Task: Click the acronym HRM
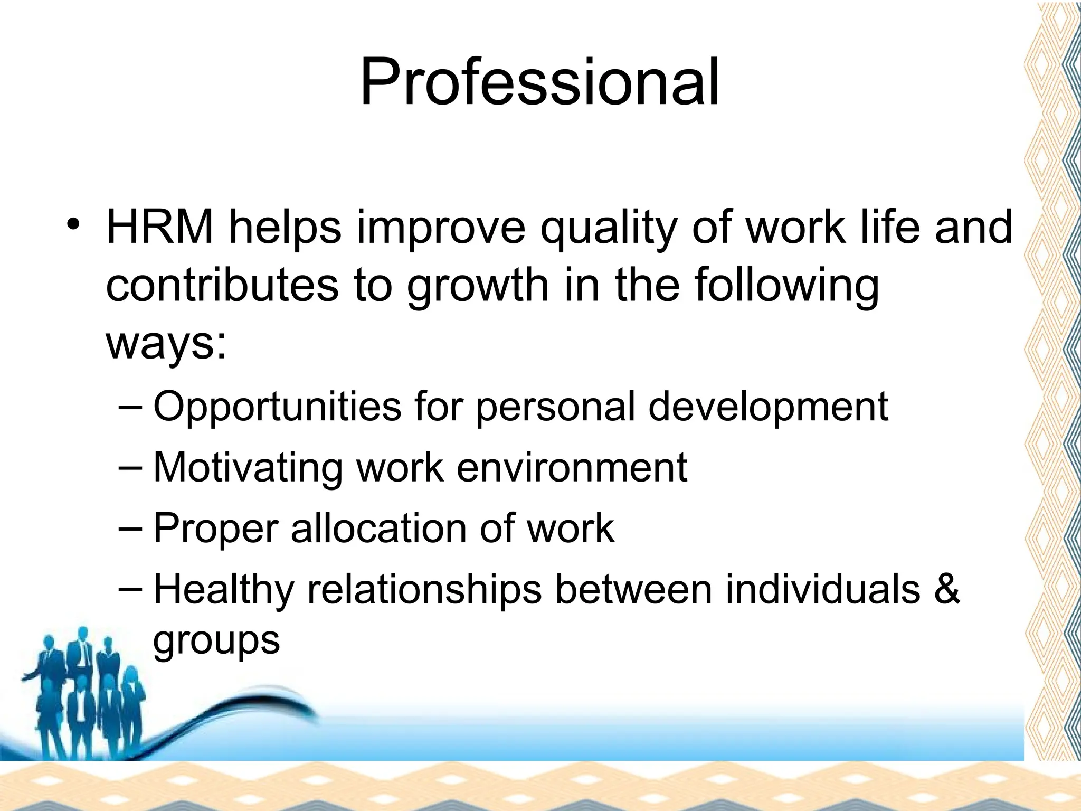point(160,228)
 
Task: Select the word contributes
point(222,285)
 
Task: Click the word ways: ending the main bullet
point(166,344)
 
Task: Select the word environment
point(572,468)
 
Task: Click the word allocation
point(378,529)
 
